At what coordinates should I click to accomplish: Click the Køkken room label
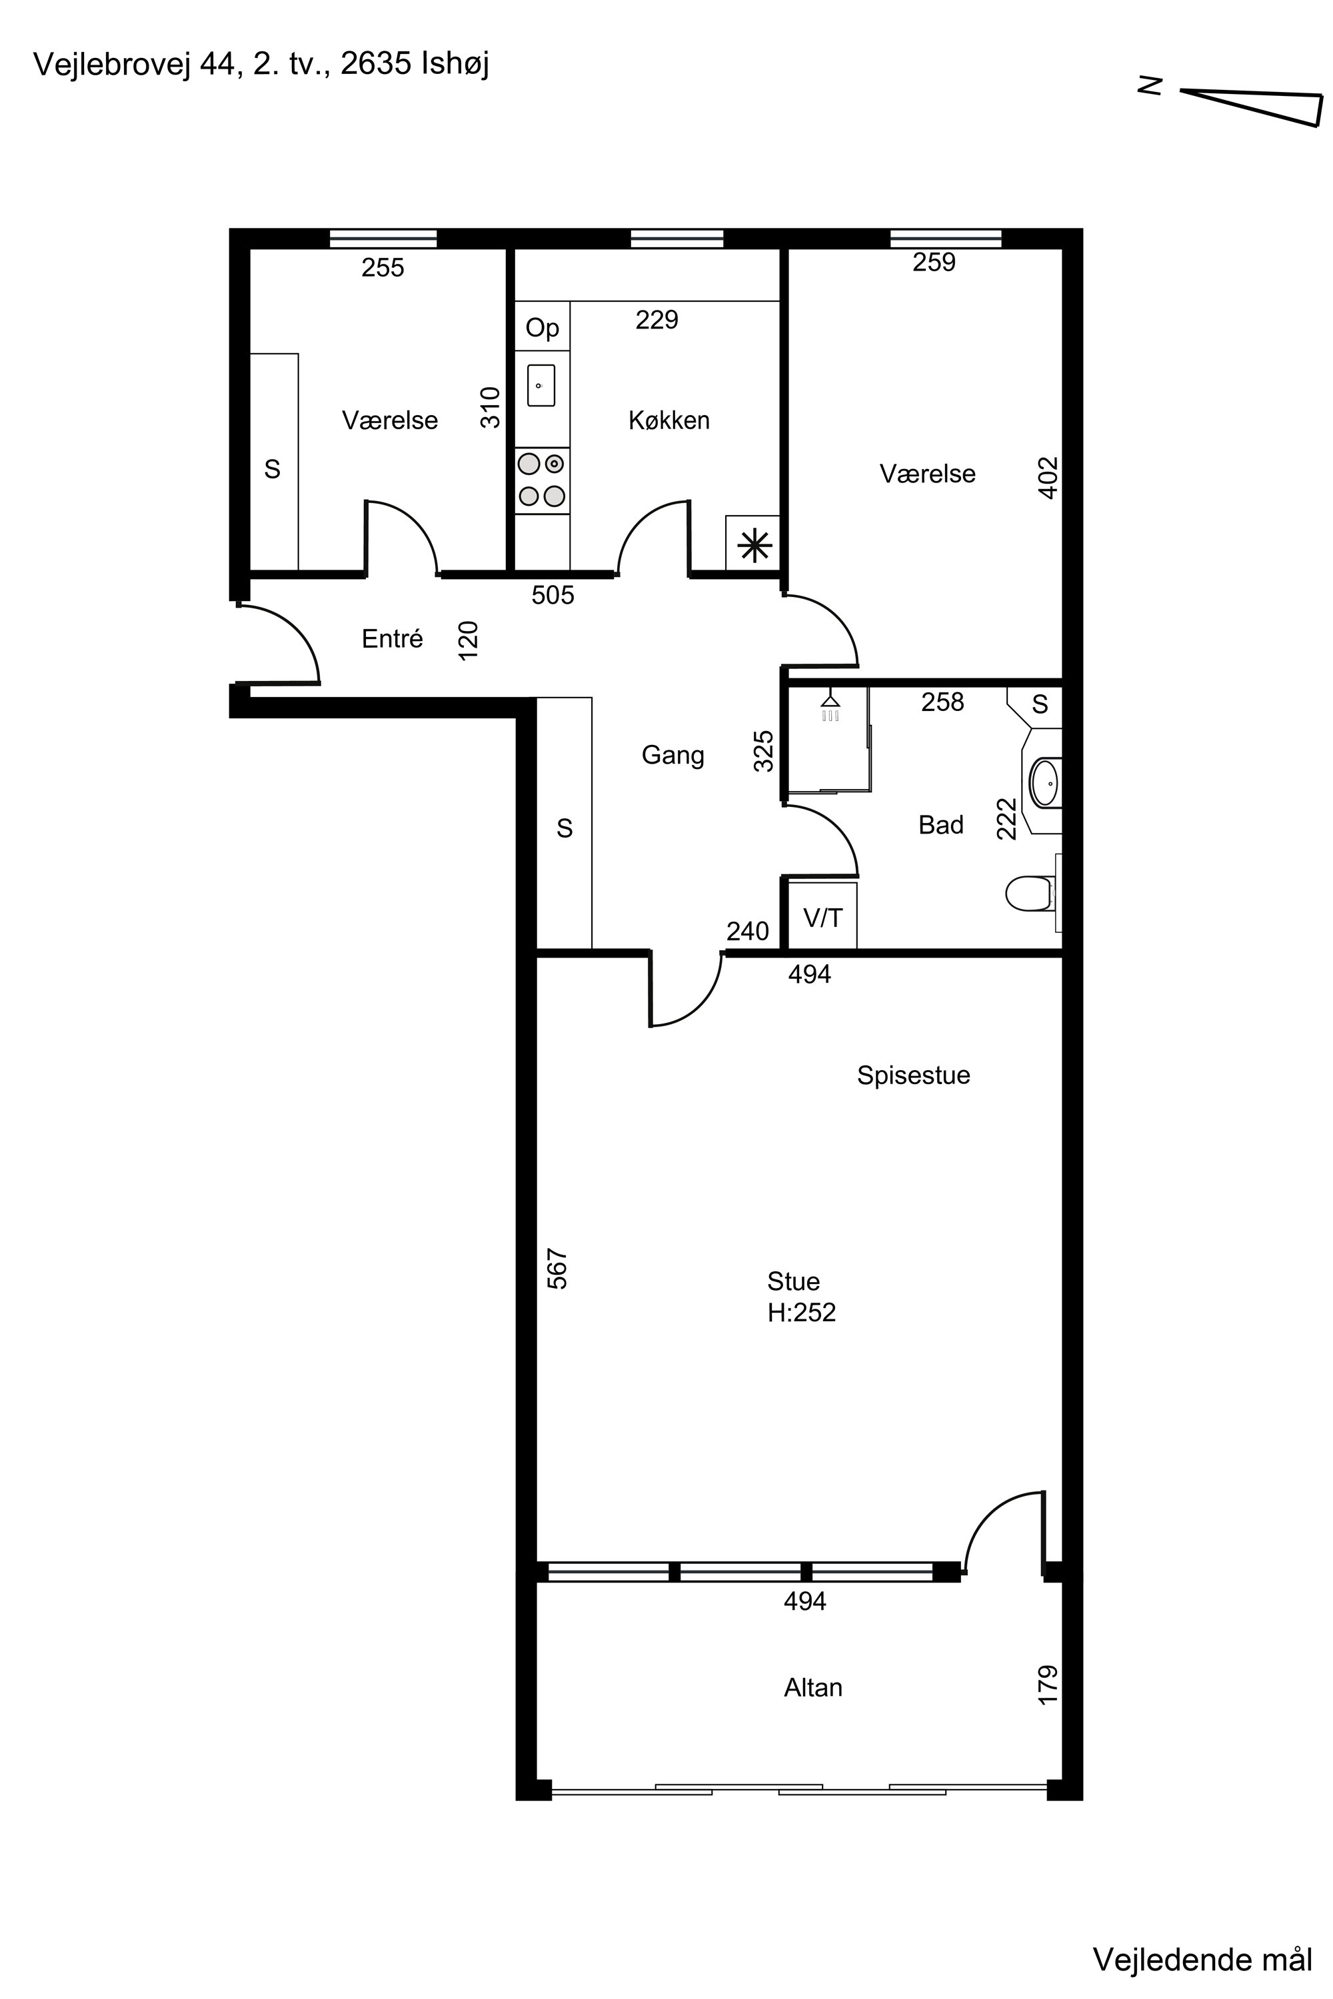tap(669, 420)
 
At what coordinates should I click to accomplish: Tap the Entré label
tap(392, 638)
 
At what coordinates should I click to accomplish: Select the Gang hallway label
tap(672, 756)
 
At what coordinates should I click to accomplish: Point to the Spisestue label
tap(913, 1075)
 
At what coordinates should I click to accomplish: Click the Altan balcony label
tap(812, 1687)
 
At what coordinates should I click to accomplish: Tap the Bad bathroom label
tap(941, 824)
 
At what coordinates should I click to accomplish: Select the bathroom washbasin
tap(1045, 782)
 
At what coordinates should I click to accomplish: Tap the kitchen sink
tap(541, 386)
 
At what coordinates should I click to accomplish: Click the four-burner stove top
tap(541, 480)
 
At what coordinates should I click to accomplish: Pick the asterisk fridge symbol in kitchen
tap(753, 545)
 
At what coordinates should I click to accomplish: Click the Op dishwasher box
tap(543, 328)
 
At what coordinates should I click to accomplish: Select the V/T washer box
tap(823, 917)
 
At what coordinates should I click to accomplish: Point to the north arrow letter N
tap(1150, 85)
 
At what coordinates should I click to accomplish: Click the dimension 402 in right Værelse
tap(1048, 478)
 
